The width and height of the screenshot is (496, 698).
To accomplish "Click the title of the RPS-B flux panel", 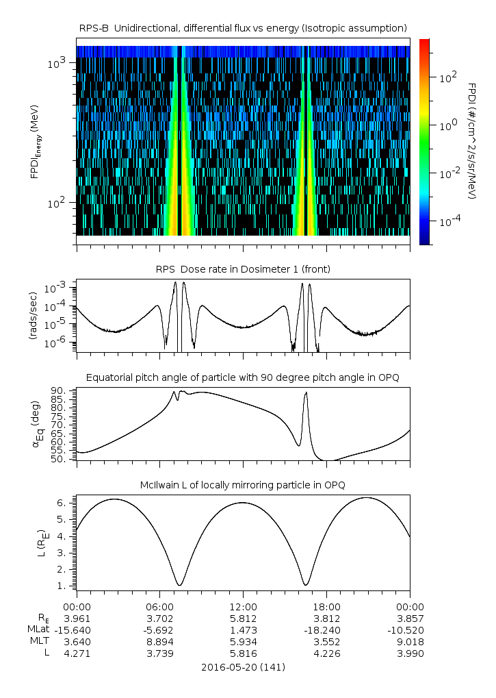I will pyautogui.click(x=243, y=27).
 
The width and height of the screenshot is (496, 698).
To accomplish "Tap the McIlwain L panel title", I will pyautogui.click(x=243, y=485).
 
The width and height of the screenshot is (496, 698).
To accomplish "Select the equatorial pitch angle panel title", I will pyautogui.click(x=243, y=377).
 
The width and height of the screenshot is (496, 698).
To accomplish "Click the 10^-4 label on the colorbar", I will pyautogui.click(x=447, y=222).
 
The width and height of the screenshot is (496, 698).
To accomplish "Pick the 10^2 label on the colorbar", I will pyautogui.click(x=447, y=77).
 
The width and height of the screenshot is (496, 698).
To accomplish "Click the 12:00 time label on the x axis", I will pyautogui.click(x=243, y=607).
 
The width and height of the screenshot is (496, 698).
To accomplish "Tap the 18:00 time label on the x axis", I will pyautogui.click(x=326, y=607).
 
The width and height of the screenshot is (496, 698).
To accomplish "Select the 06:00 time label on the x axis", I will pyautogui.click(x=159, y=607).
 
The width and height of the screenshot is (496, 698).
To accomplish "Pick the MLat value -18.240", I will pyautogui.click(x=326, y=630).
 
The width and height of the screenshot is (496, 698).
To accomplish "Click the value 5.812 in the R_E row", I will pyautogui.click(x=243, y=618).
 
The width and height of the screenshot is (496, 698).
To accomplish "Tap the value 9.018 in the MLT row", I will pyautogui.click(x=410, y=642).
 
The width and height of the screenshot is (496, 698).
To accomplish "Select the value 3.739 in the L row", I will pyautogui.click(x=159, y=653).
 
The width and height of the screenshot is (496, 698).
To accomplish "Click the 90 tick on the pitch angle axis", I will pyautogui.click(x=58, y=390).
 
